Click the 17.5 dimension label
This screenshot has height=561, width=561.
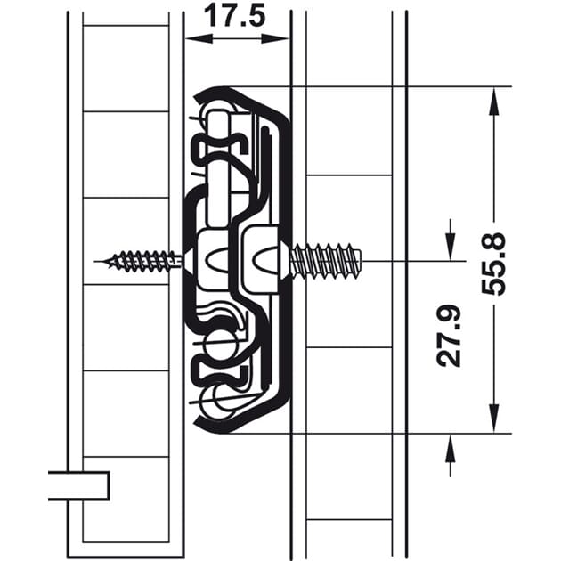[235, 16]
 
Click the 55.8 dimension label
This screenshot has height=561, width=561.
[493, 264]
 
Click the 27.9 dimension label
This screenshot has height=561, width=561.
[449, 337]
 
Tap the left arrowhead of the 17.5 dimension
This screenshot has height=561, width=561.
[199, 38]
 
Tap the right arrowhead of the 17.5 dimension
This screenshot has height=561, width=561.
[275, 38]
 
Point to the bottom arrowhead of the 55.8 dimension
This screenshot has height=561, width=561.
[493, 419]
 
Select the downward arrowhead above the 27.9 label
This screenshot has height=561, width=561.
[451, 247]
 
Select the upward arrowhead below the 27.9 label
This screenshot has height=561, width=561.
[451, 448]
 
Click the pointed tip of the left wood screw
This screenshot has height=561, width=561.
[95, 262]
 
